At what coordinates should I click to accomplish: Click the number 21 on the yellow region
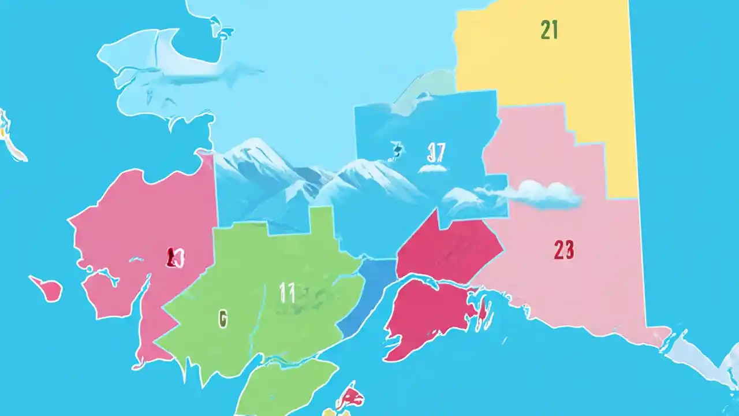coord(549,30)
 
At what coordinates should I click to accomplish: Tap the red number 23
coord(563,250)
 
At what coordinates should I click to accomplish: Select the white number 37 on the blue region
coord(436,153)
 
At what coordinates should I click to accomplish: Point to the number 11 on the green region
coord(287,294)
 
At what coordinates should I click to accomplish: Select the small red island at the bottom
coord(350,397)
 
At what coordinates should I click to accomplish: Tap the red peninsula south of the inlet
coord(427,318)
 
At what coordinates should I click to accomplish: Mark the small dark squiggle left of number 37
coord(397,150)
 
